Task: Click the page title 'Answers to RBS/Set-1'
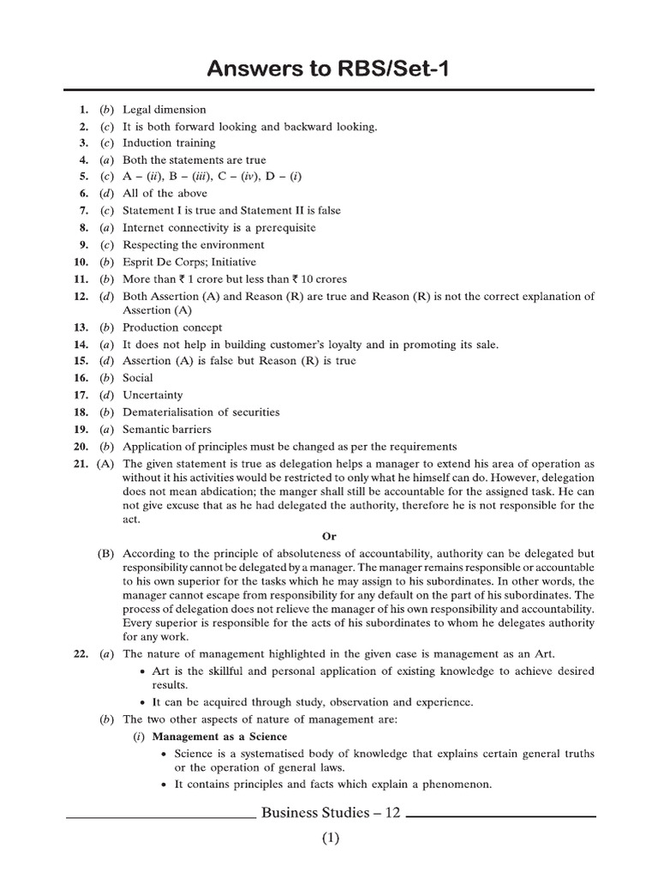click(x=328, y=69)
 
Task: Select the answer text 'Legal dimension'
click(x=164, y=110)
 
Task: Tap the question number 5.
click(x=83, y=177)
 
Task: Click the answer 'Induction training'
click(x=169, y=143)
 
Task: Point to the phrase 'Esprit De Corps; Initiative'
click(x=188, y=262)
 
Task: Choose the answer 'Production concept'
click(x=172, y=328)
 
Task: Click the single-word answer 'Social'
click(x=138, y=378)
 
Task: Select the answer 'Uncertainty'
click(x=153, y=395)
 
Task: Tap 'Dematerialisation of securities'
click(x=200, y=412)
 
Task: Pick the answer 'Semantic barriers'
click(x=166, y=430)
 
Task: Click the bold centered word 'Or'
click(x=328, y=536)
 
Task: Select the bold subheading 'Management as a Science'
click(x=219, y=737)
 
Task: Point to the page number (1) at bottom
click(x=331, y=839)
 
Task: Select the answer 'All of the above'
click(x=164, y=194)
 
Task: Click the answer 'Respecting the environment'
click(x=193, y=244)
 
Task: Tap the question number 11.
click(x=81, y=279)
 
